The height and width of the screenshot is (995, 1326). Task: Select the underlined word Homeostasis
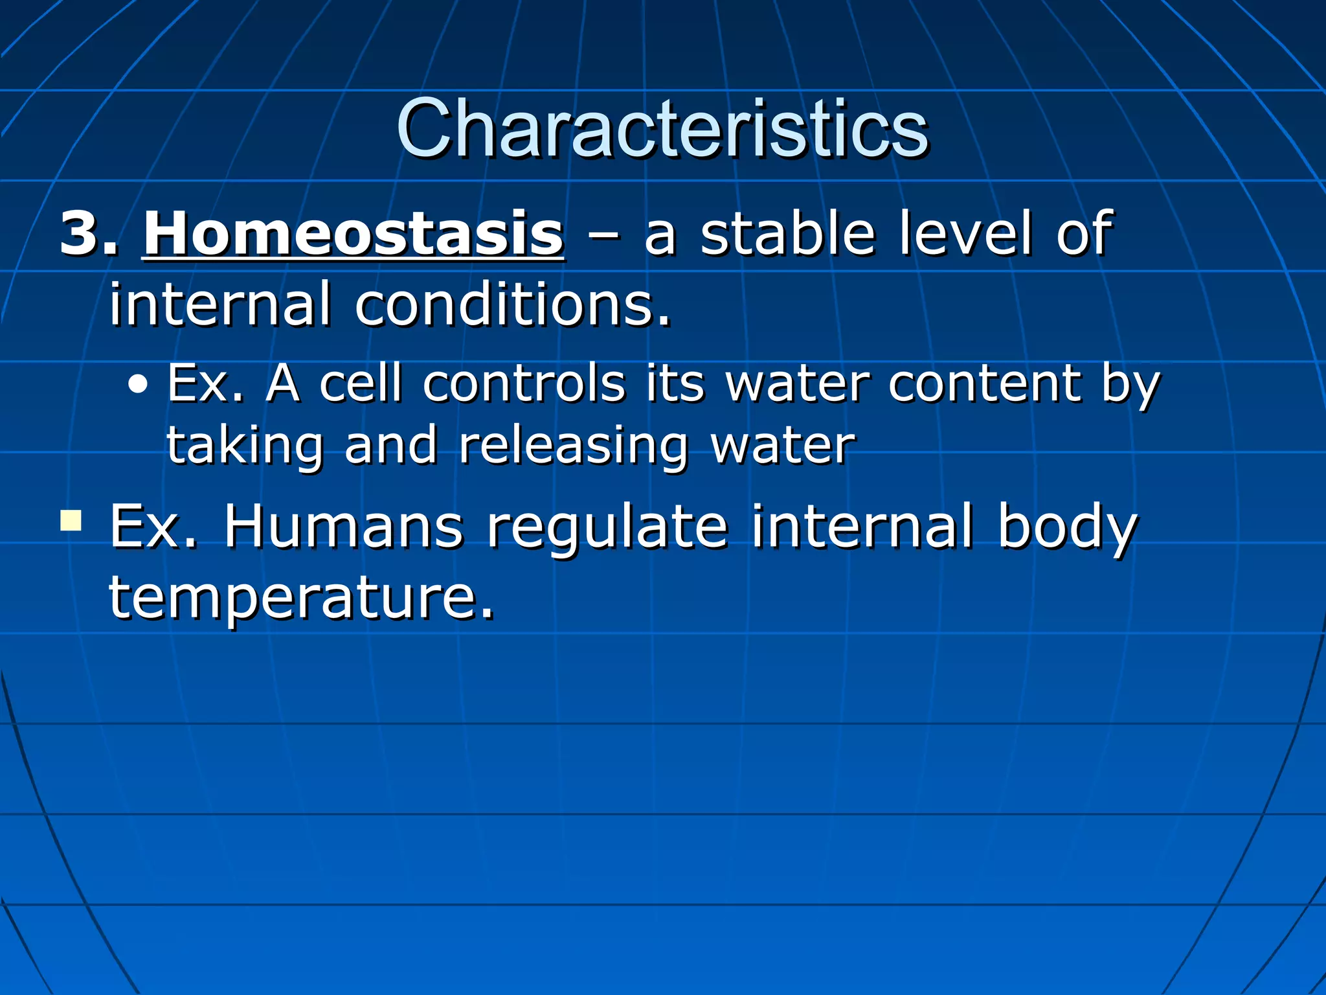pos(354,233)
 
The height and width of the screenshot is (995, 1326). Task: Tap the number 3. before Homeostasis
pos(89,233)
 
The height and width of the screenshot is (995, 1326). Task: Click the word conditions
pos(512,304)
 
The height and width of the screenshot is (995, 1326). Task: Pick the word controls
pos(524,383)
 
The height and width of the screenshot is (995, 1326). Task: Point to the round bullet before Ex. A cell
pos(137,386)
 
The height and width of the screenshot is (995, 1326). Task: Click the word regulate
pos(607,529)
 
